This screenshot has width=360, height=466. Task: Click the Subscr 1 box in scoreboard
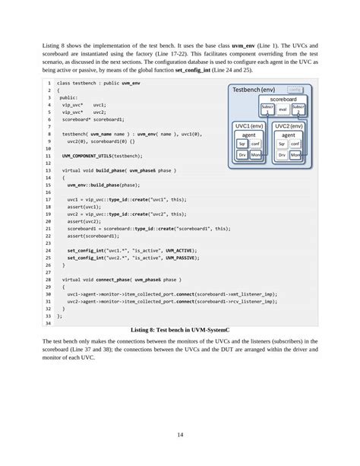267,108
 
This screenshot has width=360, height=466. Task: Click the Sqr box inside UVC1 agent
242,143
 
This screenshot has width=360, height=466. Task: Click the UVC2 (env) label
289,126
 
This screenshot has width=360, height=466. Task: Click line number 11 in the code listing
48,155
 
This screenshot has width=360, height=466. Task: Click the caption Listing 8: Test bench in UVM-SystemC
179,331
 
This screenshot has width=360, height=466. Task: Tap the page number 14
180,434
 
